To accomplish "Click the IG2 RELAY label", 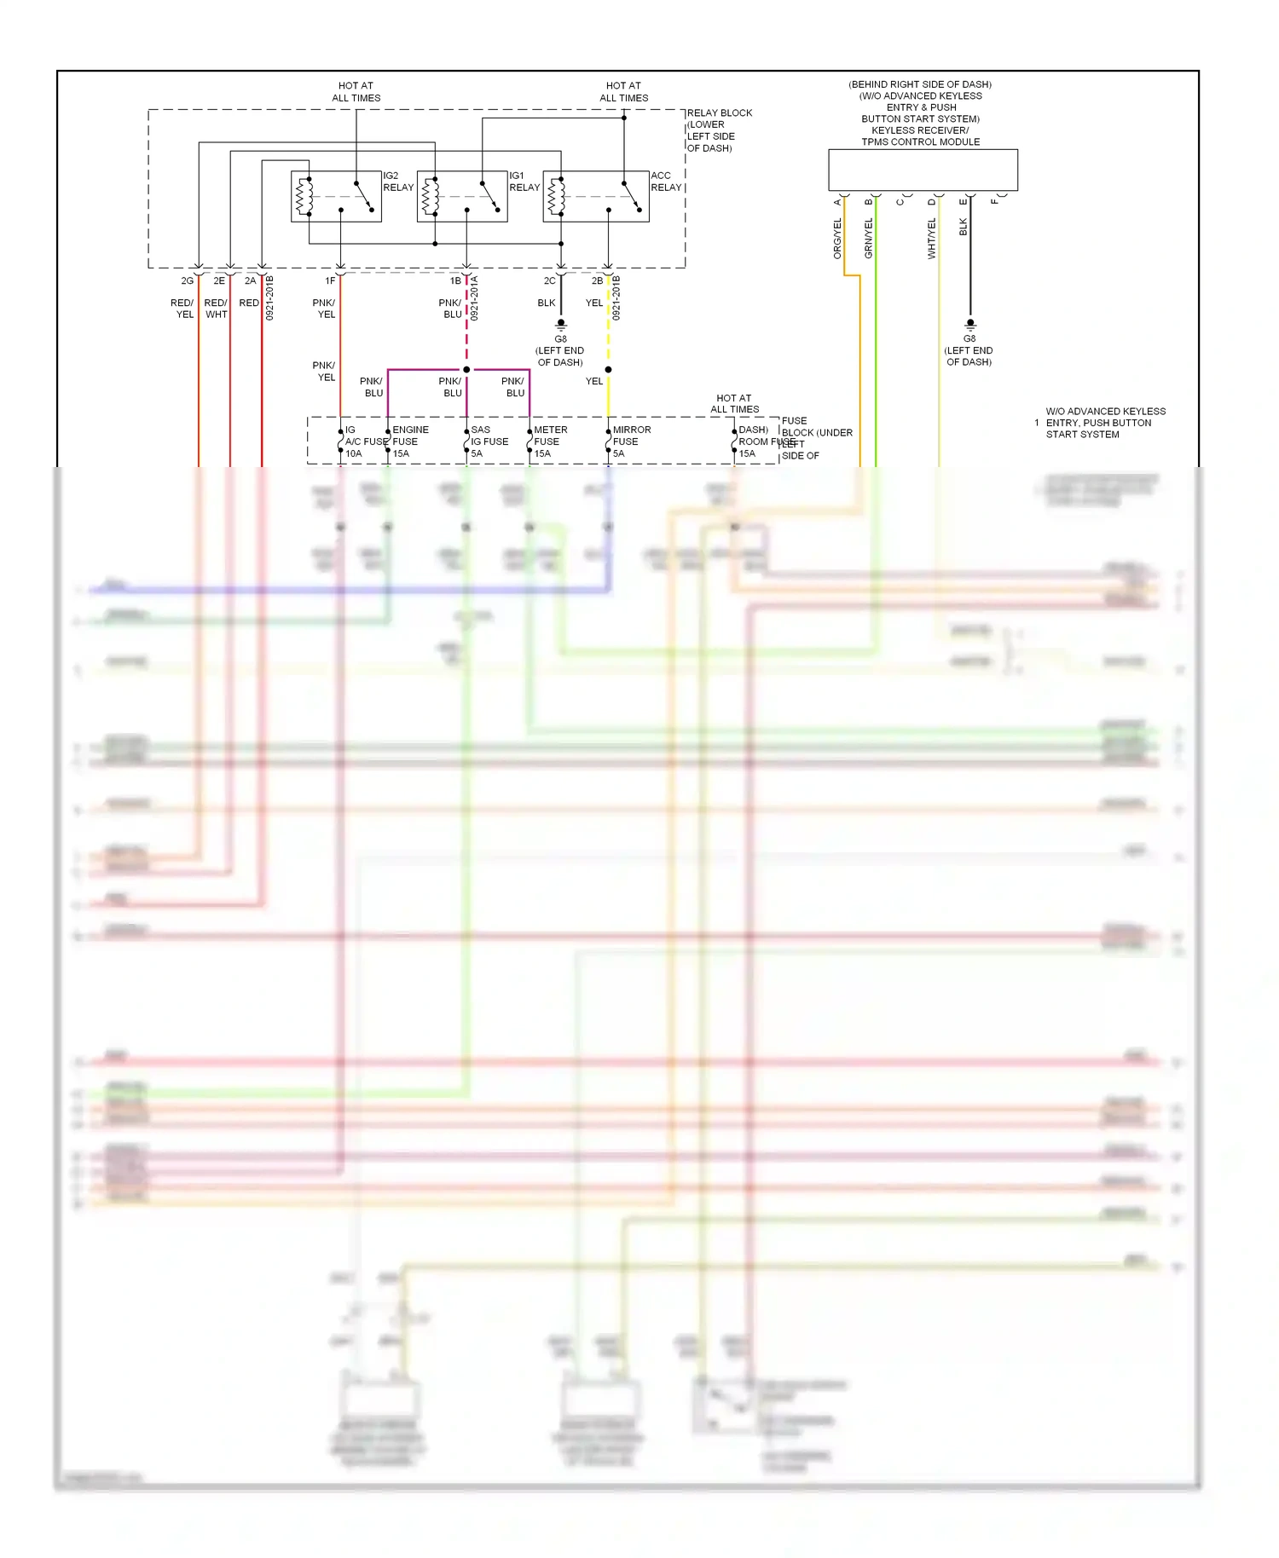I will pyautogui.click(x=397, y=182).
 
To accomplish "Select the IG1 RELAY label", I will pyautogui.click(x=524, y=182).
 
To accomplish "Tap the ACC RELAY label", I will pyautogui.click(x=666, y=182).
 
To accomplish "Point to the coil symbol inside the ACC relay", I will pyautogui.click(x=555, y=197).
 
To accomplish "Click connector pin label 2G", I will pyautogui.click(x=188, y=280).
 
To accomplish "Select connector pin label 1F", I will pyautogui.click(x=330, y=280).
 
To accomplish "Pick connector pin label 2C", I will pyautogui.click(x=550, y=280).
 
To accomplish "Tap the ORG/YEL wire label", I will pyautogui.click(x=837, y=239).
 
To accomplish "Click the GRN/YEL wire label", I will pyautogui.click(x=869, y=239).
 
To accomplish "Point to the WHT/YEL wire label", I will pyautogui.click(x=932, y=239).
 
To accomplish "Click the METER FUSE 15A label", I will pyautogui.click(x=550, y=441).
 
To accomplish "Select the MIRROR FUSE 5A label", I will pyautogui.click(x=631, y=441).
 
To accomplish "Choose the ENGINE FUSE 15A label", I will pyautogui.click(x=409, y=441).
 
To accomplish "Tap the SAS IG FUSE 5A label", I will pyautogui.click(x=489, y=441).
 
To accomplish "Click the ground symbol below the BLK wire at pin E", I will pyautogui.click(x=969, y=325).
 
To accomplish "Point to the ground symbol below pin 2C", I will pyautogui.click(x=561, y=325).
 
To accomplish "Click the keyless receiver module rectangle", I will pyautogui.click(x=923, y=170).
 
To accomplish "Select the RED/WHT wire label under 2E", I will pyautogui.click(x=216, y=309).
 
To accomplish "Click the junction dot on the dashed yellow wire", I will pyautogui.click(x=608, y=370).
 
